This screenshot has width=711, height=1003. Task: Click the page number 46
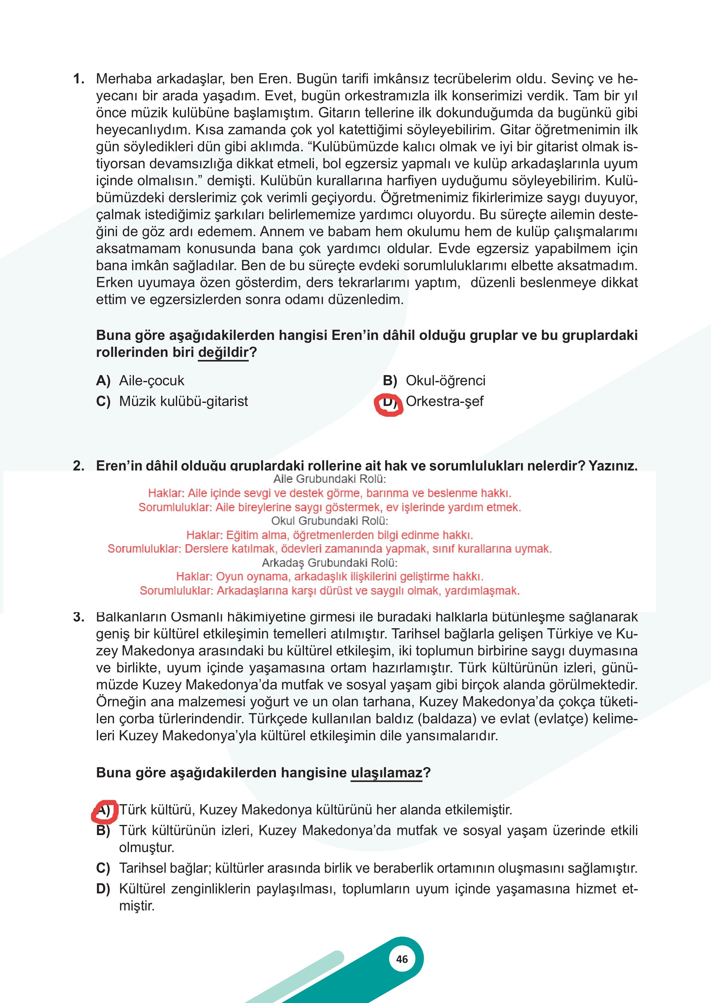(401, 959)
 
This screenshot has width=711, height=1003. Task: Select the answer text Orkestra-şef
(444, 401)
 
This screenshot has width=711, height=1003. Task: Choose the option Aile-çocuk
(152, 381)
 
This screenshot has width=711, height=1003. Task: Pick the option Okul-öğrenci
(445, 381)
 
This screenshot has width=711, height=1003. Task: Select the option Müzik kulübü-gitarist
(183, 401)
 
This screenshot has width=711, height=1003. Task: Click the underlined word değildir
(223, 352)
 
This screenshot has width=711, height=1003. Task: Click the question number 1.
(79, 79)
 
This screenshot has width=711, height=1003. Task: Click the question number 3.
(79, 617)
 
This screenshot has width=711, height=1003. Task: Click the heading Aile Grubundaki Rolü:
(329, 479)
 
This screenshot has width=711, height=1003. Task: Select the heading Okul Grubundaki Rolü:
(329, 521)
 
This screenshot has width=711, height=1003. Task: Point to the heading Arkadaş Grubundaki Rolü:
(329, 562)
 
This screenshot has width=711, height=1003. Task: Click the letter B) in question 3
(103, 830)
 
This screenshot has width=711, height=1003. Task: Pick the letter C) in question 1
(103, 401)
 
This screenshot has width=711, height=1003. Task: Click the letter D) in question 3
(103, 889)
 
